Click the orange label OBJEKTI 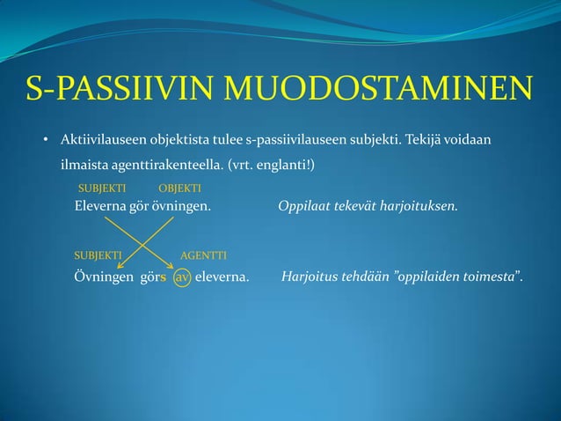pos(179,188)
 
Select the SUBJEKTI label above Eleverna pos(102,188)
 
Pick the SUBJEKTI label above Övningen pos(97,255)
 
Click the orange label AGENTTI pos(203,255)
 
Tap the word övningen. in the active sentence pos(182,207)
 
